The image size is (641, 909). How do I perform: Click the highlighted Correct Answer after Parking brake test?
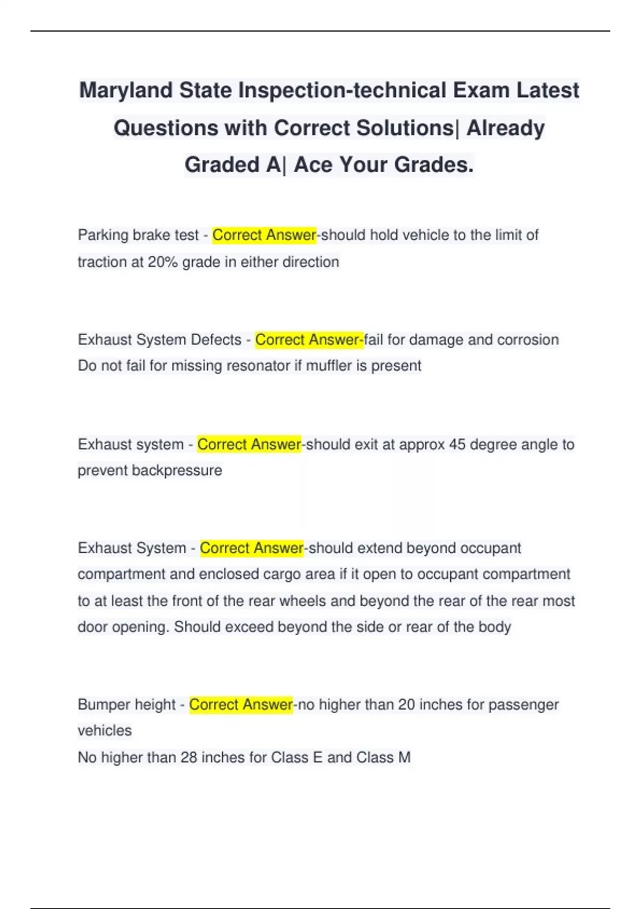click(264, 235)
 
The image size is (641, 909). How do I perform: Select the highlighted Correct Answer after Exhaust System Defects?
click(308, 340)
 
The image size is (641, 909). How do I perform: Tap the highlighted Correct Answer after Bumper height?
click(241, 705)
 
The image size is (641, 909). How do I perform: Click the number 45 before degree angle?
click(457, 445)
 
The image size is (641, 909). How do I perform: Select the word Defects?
click(216, 340)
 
